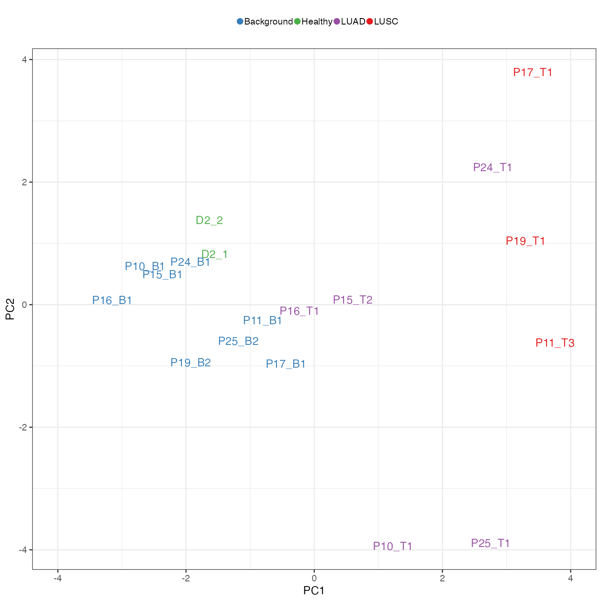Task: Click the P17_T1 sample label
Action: [x=533, y=73]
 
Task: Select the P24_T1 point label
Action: [x=492, y=168]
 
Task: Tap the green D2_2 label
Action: [x=209, y=221]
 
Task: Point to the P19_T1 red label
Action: [x=525, y=241]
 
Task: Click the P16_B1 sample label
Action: [x=112, y=301]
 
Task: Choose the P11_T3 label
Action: [x=555, y=343]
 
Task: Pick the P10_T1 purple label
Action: [x=393, y=547]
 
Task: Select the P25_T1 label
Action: [x=491, y=544]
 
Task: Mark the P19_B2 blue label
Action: [x=191, y=363]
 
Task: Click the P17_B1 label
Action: [x=286, y=364]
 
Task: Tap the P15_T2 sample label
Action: [x=353, y=300]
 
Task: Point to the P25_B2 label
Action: [x=239, y=341]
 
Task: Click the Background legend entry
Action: [x=268, y=21]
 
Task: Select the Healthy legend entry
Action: [x=317, y=21]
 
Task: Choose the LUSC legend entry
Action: [x=386, y=21]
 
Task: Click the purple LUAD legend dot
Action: [x=337, y=21]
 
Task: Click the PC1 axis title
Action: [x=314, y=590]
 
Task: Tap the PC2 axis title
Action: [x=10, y=309]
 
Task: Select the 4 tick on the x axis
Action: [x=571, y=578]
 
